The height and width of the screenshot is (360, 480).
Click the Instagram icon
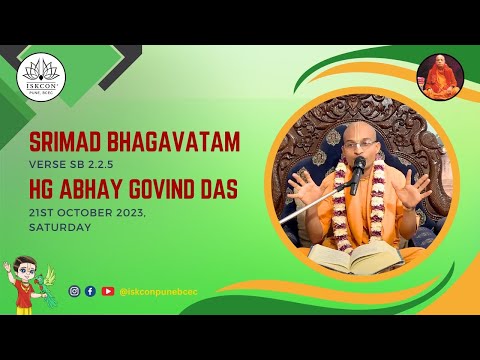74,291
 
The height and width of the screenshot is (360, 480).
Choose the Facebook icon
90,291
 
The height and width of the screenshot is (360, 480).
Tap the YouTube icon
107,291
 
